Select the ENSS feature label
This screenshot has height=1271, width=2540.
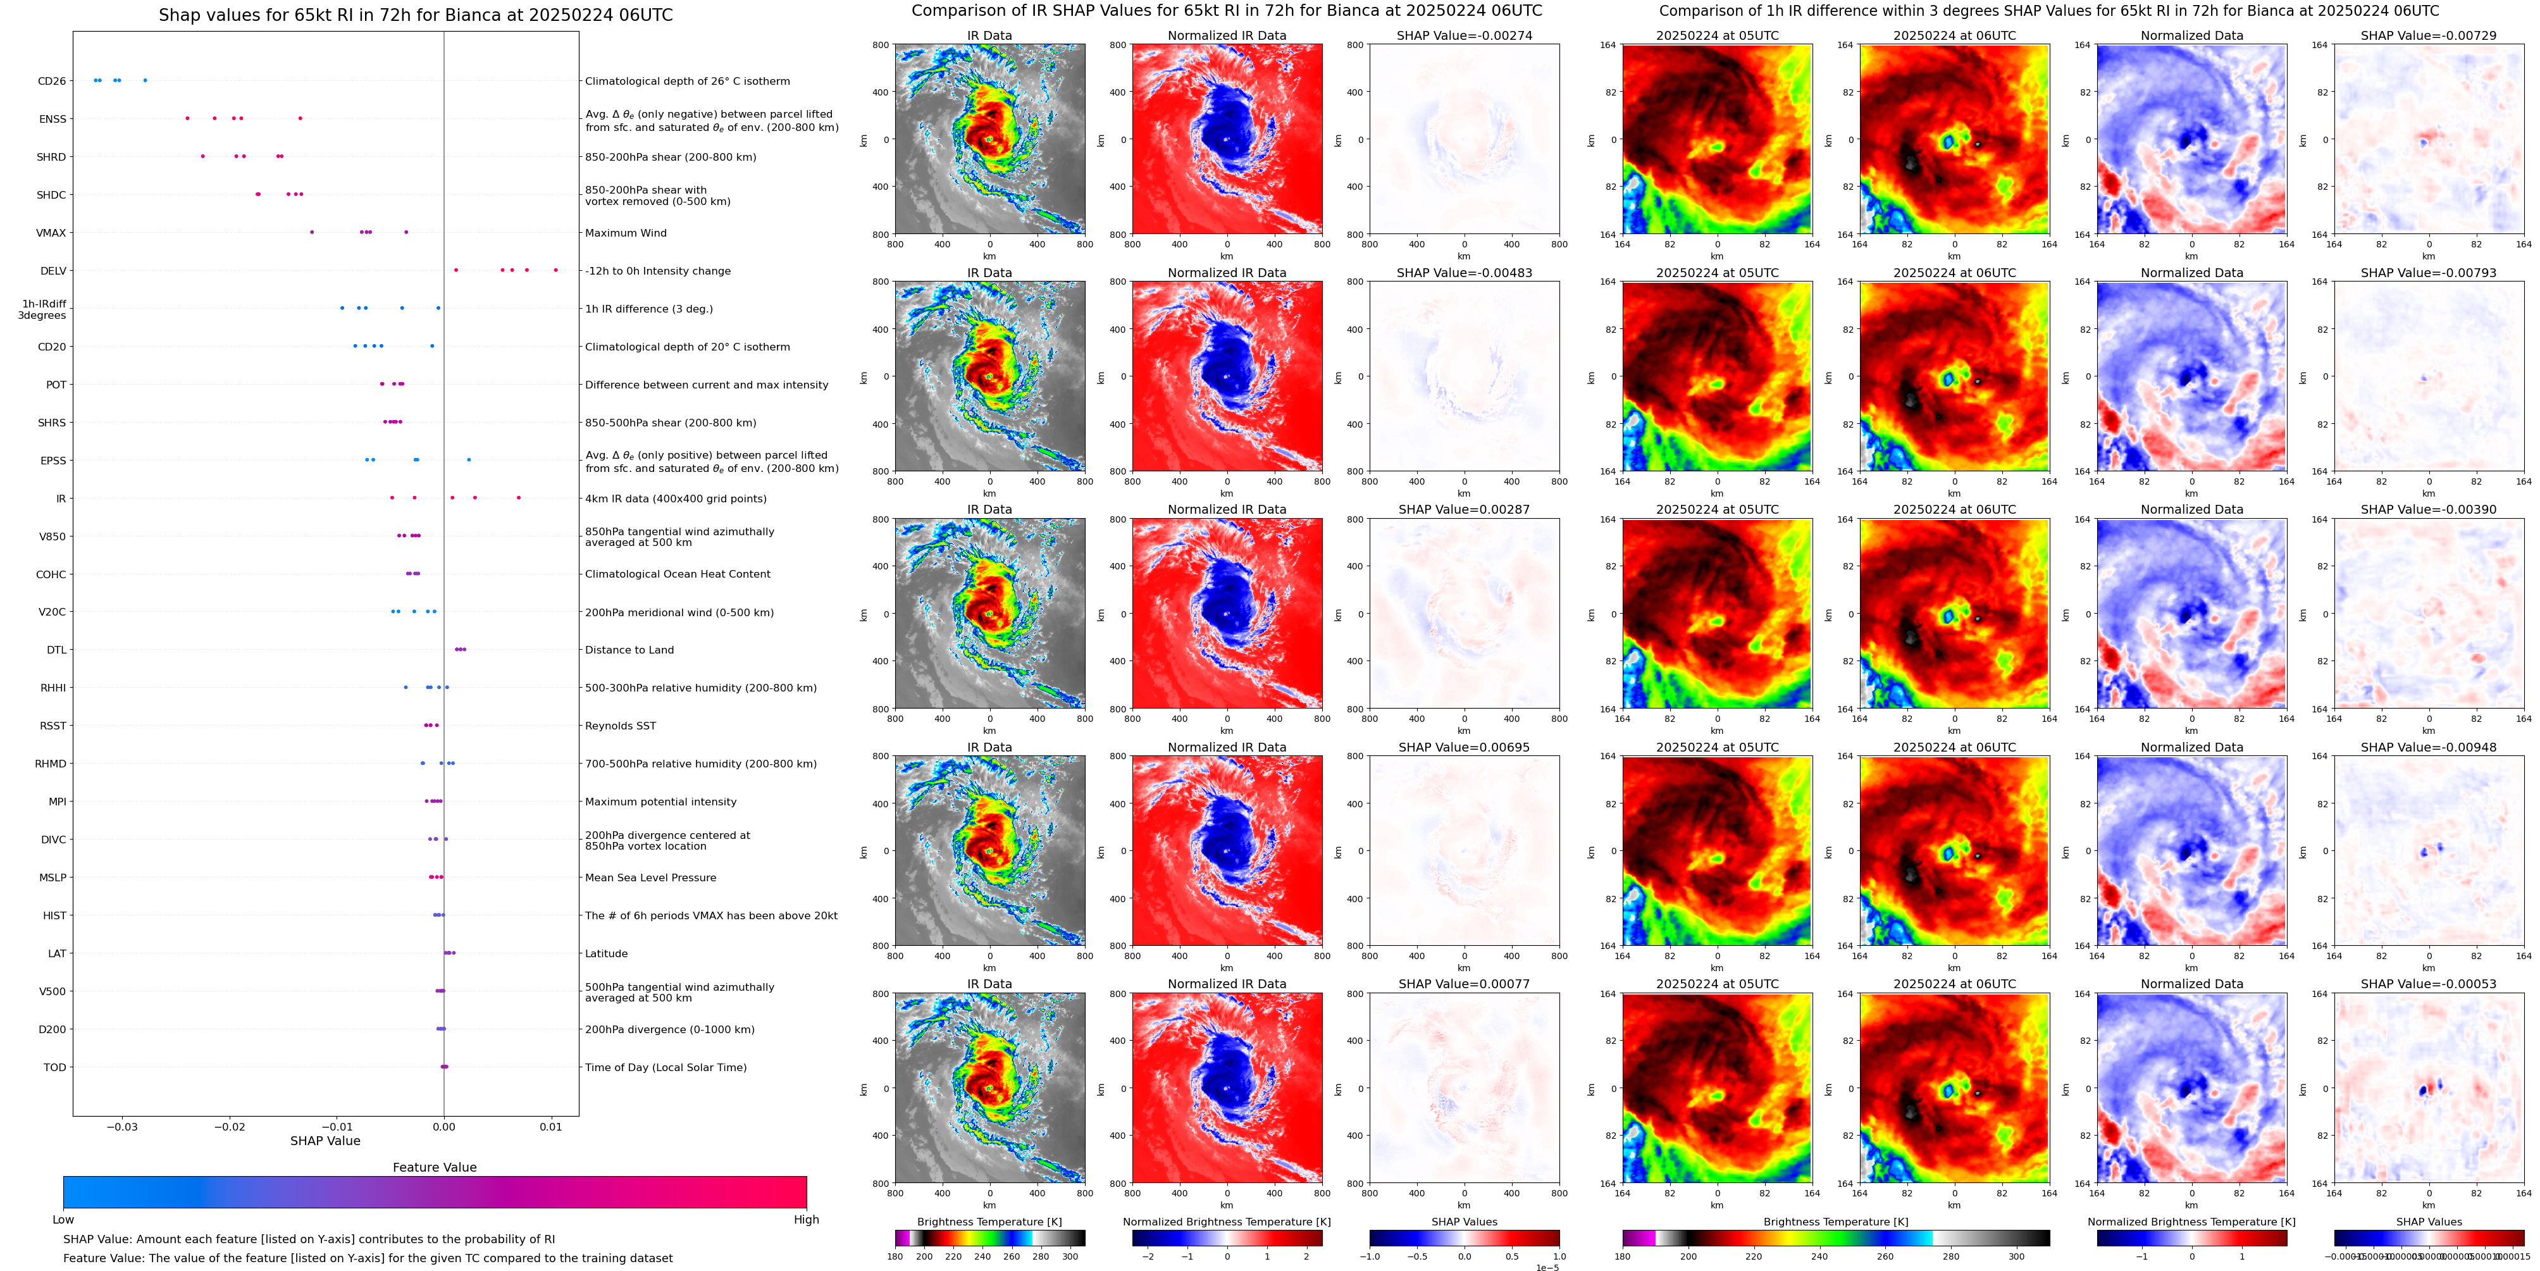point(53,120)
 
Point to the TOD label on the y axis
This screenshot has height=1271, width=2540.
point(54,1067)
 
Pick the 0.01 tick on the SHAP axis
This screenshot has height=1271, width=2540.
point(551,1126)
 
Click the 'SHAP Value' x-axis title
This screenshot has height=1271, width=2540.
point(325,1141)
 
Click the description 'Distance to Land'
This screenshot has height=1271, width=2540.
point(629,650)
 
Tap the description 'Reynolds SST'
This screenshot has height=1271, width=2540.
point(620,726)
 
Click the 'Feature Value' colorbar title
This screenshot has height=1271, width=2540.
point(434,1167)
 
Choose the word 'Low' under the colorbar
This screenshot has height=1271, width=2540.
point(63,1220)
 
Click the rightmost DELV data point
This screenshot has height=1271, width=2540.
point(555,270)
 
